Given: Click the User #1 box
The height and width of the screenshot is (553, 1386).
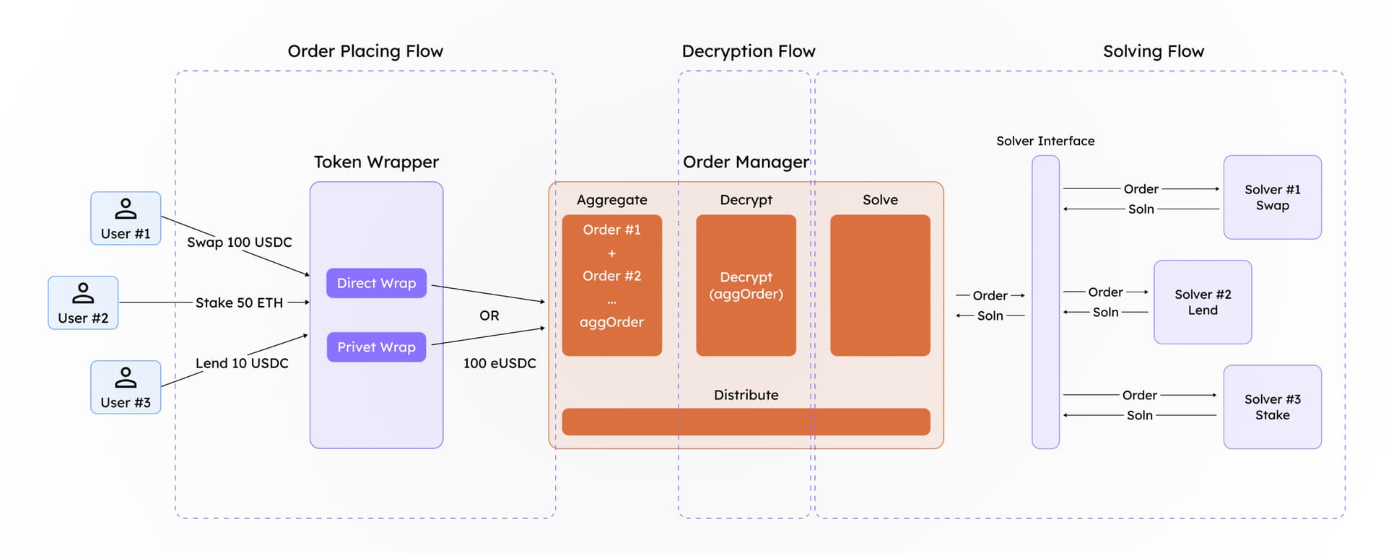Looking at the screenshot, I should (x=126, y=218).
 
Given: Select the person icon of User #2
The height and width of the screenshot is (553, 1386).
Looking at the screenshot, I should (x=83, y=292).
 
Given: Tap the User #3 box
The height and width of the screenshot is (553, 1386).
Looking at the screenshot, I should (x=126, y=387).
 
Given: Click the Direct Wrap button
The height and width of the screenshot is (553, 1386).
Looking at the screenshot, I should (x=376, y=283).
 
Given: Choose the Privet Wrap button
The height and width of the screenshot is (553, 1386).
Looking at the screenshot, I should (x=376, y=347).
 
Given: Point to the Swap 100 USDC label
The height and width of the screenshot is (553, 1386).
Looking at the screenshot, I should (x=239, y=243).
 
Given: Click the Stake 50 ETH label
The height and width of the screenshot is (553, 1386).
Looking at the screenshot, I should (x=239, y=302).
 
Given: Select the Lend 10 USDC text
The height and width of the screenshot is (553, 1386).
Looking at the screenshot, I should (x=241, y=363).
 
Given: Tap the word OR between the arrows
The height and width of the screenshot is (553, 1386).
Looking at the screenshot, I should (x=489, y=315).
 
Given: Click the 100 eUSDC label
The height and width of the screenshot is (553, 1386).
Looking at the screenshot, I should (x=500, y=363).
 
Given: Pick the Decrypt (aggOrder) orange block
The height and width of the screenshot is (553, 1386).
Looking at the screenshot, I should (x=746, y=285).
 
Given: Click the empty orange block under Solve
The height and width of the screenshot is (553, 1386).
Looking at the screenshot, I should (x=880, y=285).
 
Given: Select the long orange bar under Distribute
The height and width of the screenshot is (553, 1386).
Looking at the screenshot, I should (x=746, y=422).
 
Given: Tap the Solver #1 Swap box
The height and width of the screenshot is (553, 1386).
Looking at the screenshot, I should (x=1272, y=197).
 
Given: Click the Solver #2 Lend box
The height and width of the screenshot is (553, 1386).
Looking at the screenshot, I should (x=1202, y=302).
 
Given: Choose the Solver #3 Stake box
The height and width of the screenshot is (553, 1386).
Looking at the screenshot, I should (x=1272, y=407).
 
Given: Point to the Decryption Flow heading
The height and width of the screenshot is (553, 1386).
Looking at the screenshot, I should (x=748, y=51).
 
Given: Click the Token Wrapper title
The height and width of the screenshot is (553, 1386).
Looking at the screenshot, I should (x=376, y=162).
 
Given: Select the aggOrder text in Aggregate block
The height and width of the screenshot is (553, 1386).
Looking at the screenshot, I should (x=611, y=322).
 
